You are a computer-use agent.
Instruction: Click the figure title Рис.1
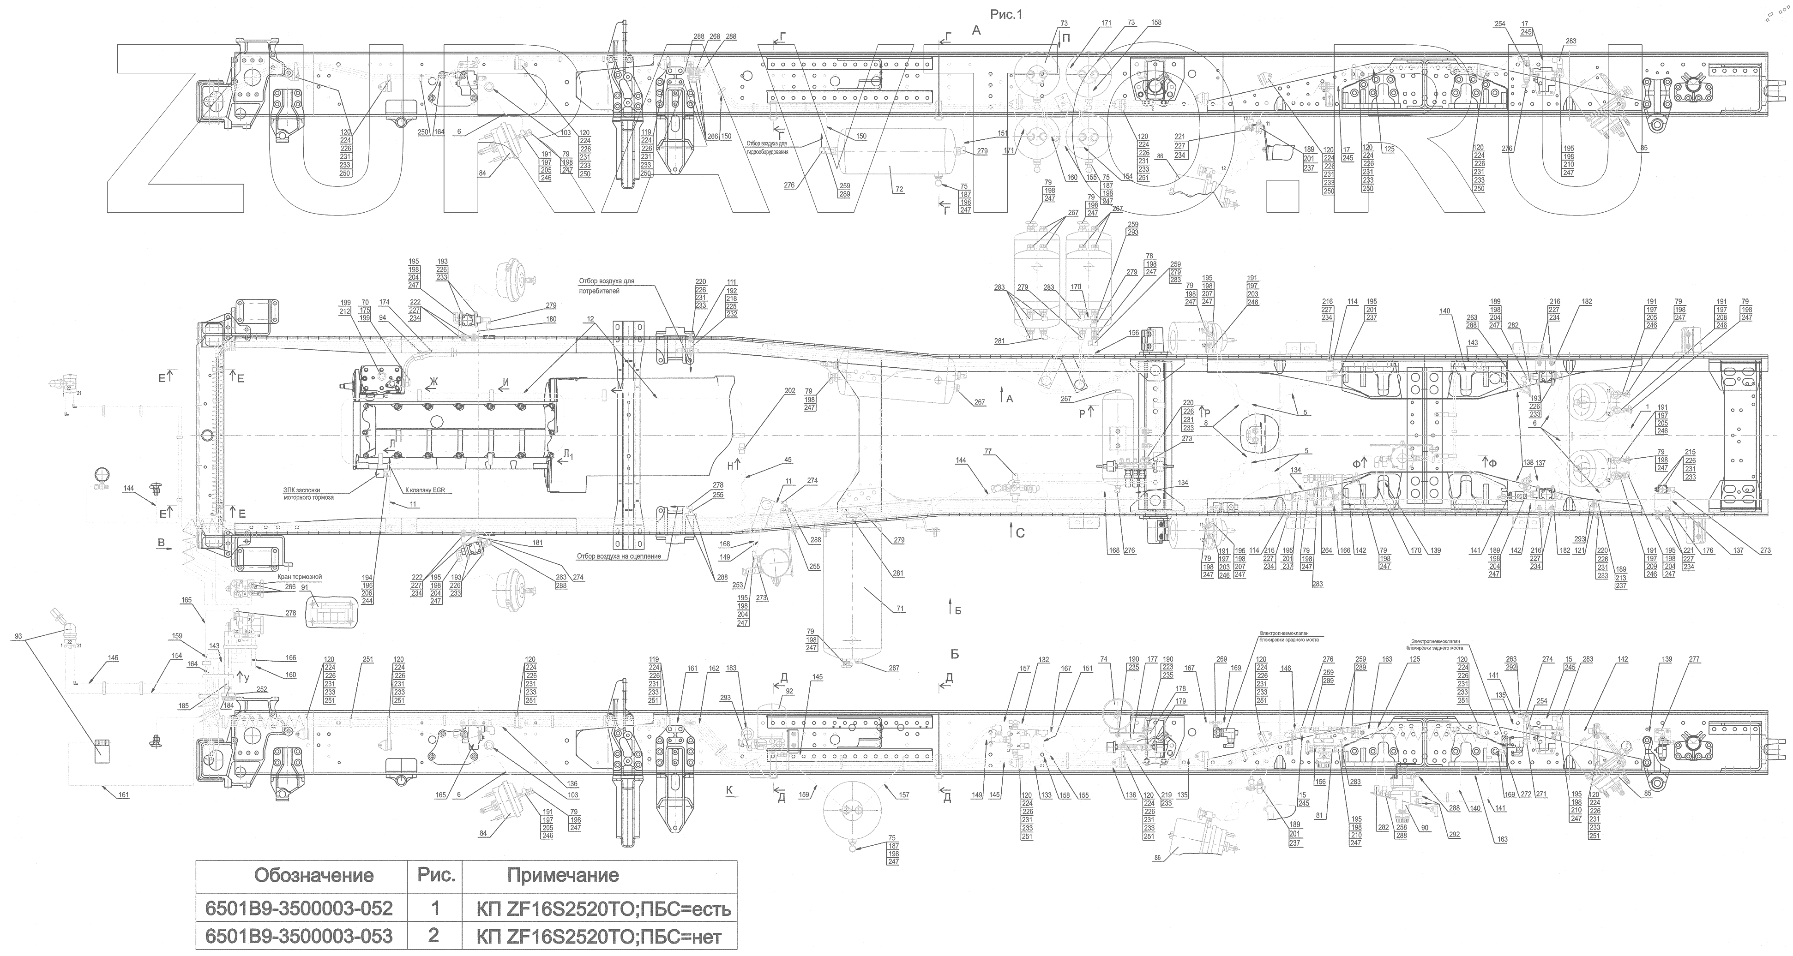[x=1006, y=14]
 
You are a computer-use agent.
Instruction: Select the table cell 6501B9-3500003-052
[x=299, y=908]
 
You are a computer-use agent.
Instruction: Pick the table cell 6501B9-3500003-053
[x=299, y=936]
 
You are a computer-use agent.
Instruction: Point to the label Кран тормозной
[x=299, y=577]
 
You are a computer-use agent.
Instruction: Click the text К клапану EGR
[x=425, y=490]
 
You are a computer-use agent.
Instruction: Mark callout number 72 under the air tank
[x=899, y=189]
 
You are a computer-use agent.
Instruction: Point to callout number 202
[x=789, y=391]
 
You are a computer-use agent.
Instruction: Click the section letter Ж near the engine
[x=433, y=381]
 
